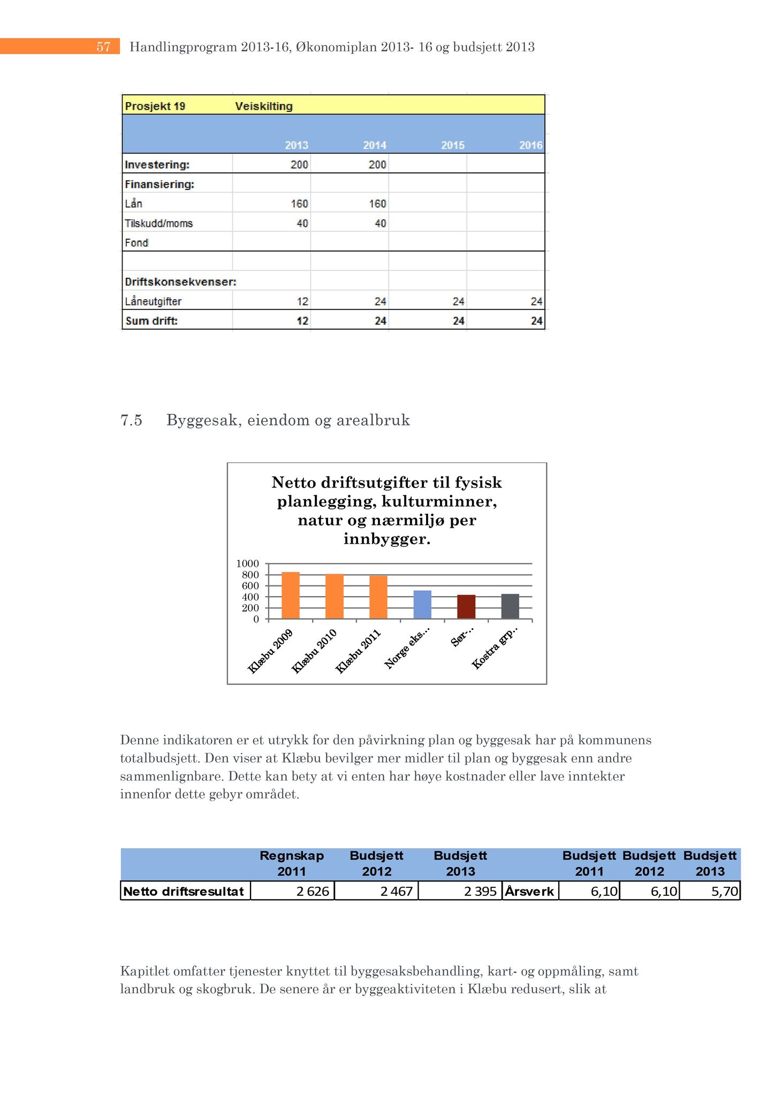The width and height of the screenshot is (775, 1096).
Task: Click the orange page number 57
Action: coord(103,47)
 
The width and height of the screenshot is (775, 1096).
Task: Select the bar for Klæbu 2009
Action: coord(291,595)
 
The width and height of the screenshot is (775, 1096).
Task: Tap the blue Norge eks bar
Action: coord(422,605)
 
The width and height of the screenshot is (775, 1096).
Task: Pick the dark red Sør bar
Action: coord(466,607)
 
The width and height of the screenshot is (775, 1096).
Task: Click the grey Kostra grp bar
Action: coord(510,606)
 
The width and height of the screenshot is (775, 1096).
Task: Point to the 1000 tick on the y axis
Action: coord(247,564)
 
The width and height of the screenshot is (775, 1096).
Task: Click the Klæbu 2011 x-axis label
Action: coord(358,651)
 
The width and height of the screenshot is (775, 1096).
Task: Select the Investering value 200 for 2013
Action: coord(299,164)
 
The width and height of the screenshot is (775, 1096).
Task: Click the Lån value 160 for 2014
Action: coord(377,204)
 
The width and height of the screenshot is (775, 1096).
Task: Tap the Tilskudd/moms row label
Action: coord(158,223)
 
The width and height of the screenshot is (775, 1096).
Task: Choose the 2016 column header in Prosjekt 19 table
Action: coord(530,145)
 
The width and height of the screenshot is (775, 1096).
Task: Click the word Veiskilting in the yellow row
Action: coord(264,106)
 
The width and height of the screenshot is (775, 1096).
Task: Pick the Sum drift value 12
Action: coord(303,321)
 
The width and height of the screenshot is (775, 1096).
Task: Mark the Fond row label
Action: coord(136,243)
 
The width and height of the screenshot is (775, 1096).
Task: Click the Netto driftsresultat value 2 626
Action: coord(313,892)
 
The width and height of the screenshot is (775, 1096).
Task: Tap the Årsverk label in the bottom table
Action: coord(529,892)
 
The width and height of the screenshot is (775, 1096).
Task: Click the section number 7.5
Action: coord(131,420)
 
